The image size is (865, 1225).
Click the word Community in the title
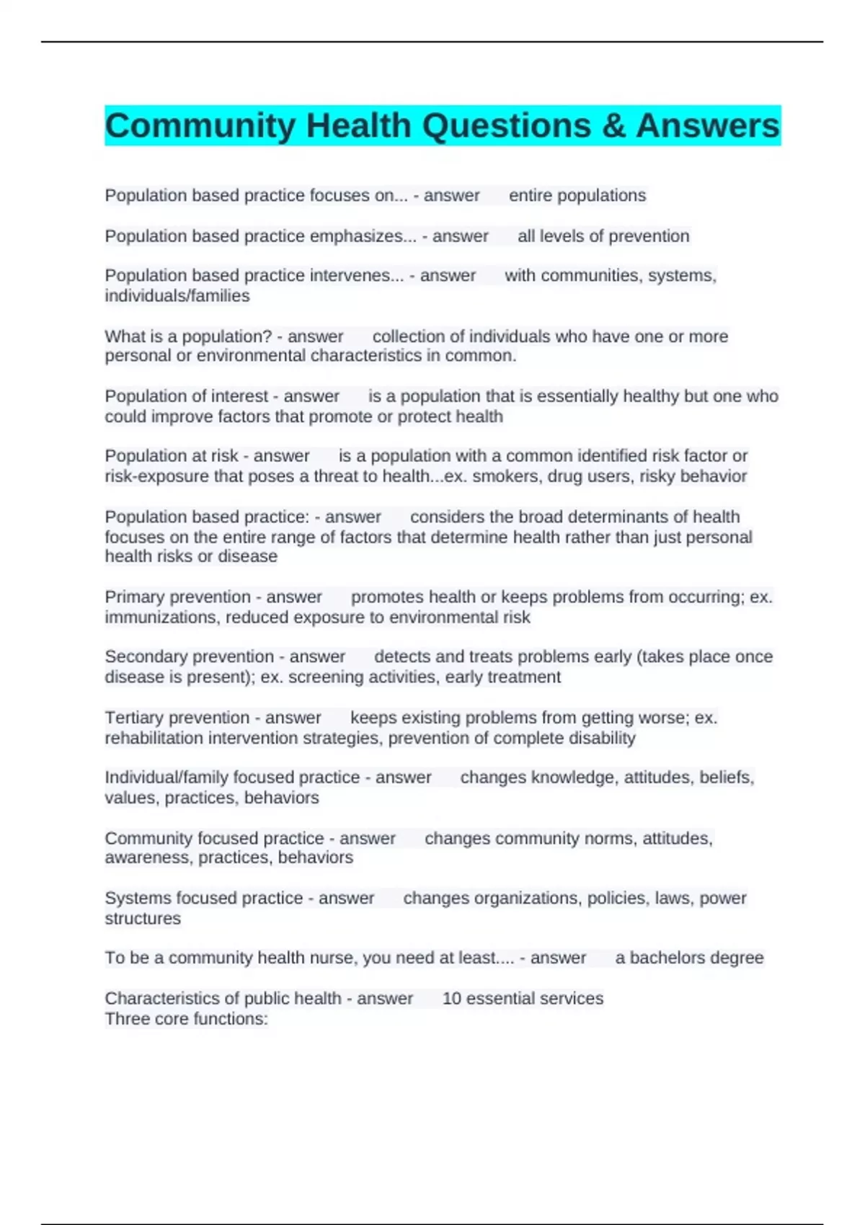point(200,126)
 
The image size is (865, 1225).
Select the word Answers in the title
point(707,126)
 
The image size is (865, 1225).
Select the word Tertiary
point(135,718)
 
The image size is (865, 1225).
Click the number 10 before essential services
point(451,999)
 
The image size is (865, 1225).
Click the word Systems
point(132,899)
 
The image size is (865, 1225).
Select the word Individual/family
point(159,778)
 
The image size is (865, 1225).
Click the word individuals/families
point(177,296)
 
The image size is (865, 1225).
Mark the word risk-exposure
point(148,476)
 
